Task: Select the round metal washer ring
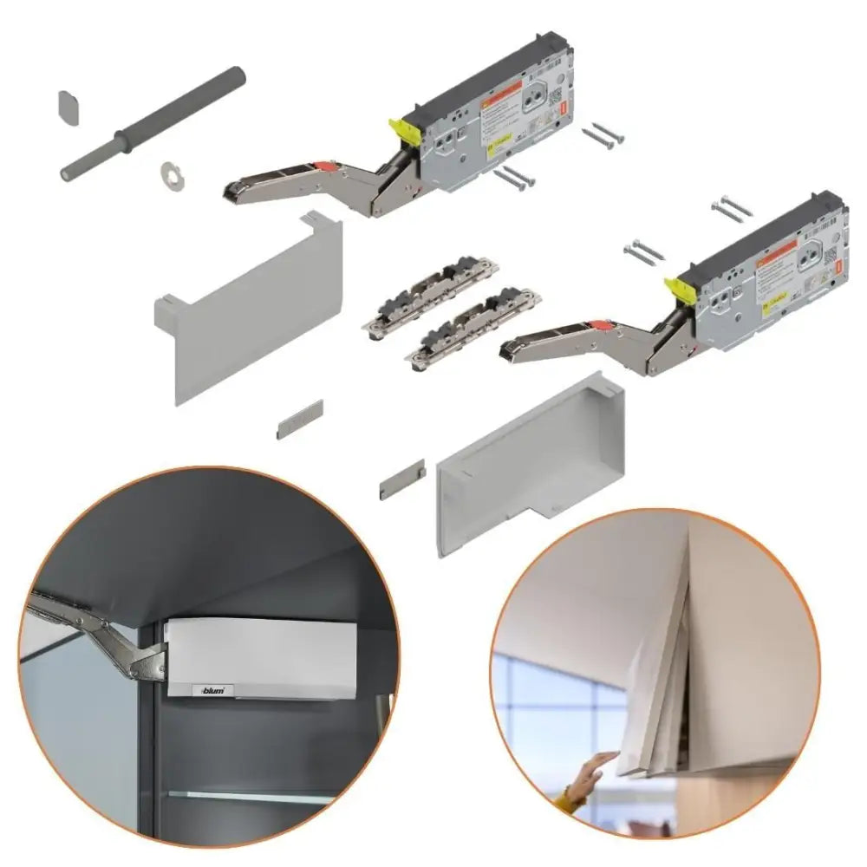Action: tap(172, 173)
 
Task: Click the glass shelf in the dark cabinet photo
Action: tap(260, 796)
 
